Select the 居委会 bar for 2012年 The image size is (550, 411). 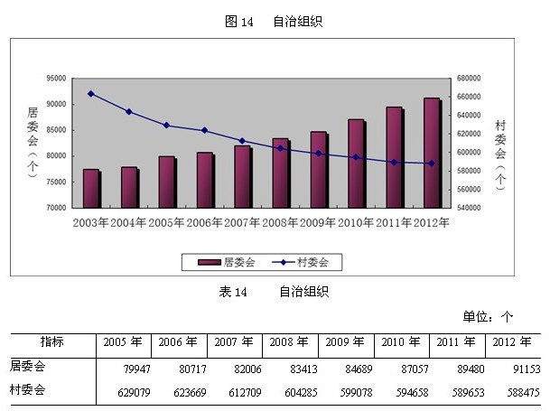point(432,153)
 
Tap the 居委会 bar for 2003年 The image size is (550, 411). point(91,188)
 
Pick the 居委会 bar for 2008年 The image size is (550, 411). point(281,173)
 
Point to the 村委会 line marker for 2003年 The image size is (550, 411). point(91,93)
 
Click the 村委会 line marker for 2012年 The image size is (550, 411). point(432,163)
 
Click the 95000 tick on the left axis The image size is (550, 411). point(57,79)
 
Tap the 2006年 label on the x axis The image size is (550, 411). point(205,223)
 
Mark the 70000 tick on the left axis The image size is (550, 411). point(57,208)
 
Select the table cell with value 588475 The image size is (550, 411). point(515,391)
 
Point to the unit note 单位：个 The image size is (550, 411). point(488,316)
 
